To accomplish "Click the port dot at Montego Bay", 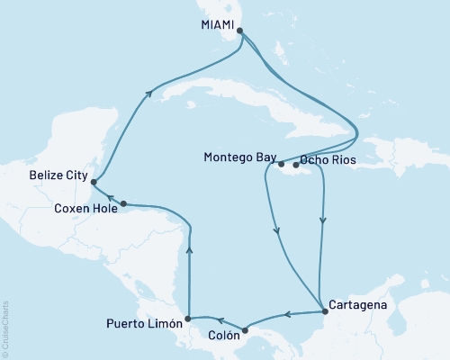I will [281, 164].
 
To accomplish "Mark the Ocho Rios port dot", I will [296, 166].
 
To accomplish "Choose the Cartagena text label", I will [359, 304].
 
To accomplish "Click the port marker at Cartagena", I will [324, 311].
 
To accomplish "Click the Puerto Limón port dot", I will [187, 319].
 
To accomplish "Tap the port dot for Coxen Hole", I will [123, 203].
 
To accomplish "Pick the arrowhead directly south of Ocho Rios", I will [322, 219].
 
